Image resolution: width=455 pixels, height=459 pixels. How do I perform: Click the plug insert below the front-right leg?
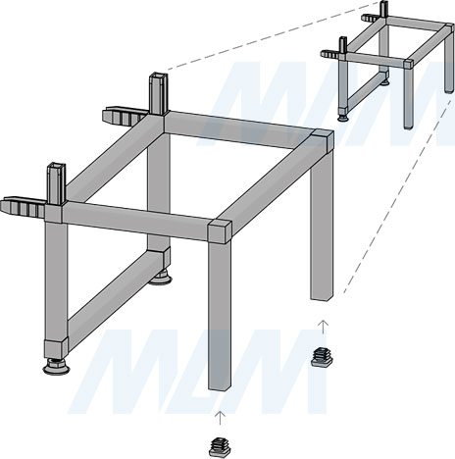pos(220,447)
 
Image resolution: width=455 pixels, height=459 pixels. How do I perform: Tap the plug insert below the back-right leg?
pos(322,357)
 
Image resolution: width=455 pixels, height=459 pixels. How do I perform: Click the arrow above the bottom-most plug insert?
pos(221,418)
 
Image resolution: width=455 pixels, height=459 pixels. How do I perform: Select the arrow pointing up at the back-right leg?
pos(323,327)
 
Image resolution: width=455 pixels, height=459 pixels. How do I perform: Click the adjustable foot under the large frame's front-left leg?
pos(56,366)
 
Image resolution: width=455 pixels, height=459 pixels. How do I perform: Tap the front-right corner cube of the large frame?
pos(220,231)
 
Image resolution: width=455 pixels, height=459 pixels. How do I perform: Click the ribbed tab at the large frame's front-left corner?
pos(23,207)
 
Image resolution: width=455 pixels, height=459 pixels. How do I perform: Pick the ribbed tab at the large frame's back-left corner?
pos(125,117)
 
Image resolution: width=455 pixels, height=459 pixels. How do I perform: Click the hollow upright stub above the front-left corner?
pos(56,183)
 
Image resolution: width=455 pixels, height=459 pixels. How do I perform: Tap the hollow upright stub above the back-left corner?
pos(159,93)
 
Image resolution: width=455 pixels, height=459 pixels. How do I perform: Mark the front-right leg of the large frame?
pos(220,317)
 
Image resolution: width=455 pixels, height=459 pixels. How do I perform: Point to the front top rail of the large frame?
pos(135,220)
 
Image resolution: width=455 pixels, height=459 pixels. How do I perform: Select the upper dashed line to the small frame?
pos(274,35)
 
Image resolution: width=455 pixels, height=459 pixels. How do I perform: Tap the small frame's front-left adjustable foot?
pos(343,117)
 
